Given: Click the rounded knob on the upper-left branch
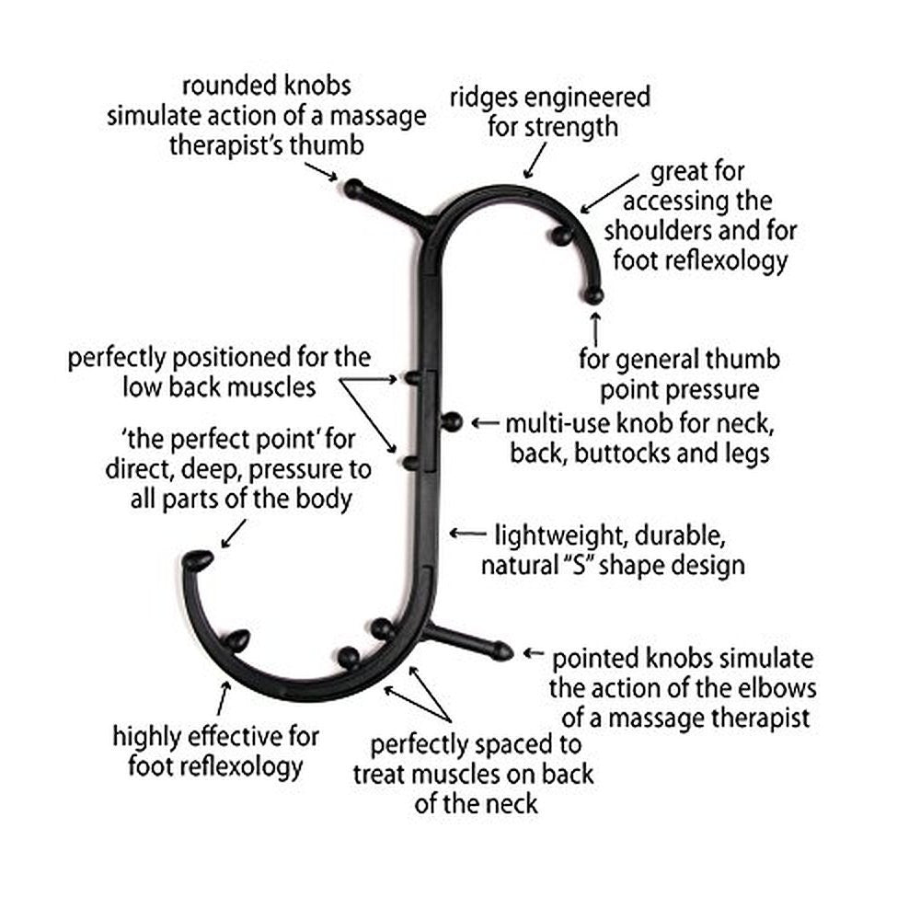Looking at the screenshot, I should pyautogui.click(x=354, y=189).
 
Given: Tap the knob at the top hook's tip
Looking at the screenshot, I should pyautogui.click(x=594, y=295).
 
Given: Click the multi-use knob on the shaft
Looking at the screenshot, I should pyautogui.click(x=452, y=422).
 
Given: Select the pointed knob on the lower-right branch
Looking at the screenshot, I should pyautogui.click(x=500, y=650).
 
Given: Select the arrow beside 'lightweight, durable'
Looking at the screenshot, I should pyautogui.click(x=466, y=533).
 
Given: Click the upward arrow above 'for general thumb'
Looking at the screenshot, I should pyautogui.click(x=595, y=328).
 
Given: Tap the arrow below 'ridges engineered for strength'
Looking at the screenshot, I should pyautogui.click(x=531, y=166).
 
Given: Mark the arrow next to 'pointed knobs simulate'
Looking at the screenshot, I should pyautogui.click(x=533, y=653).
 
